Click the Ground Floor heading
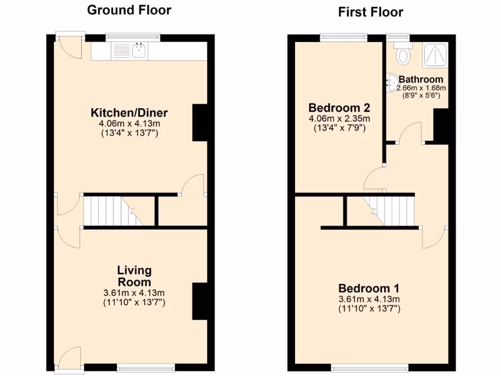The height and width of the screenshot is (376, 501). pyautogui.click(x=129, y=10)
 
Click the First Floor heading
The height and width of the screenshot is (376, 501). pyautogui.click(x=370, y=12)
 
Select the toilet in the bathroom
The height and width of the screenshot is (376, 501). pyautogui.click(x=404, y=54)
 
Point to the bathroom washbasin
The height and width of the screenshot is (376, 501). pyautogui.click(x=392, y=83)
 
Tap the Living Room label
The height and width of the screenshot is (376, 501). pyautogui.click(x=134, y=276)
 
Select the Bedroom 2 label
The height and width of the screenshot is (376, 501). pyautogui.click(x=339, y=108)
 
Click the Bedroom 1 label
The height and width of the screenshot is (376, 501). pyautogui.click(x=369, y=288)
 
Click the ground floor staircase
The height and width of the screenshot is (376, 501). pyautogui.click(x=113, y=211)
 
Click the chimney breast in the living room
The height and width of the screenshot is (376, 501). pyautogui.click(x=200, y=301)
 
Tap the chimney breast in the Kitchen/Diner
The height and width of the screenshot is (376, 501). pyautogui.click(x=200, y=122)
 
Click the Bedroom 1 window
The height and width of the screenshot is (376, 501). pyautogui.click(x=369, y=367)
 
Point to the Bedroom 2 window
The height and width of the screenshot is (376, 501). pyautogui.click(x=343, y=36)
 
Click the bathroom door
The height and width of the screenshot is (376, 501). pyautogui.click(x=410, y=134)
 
